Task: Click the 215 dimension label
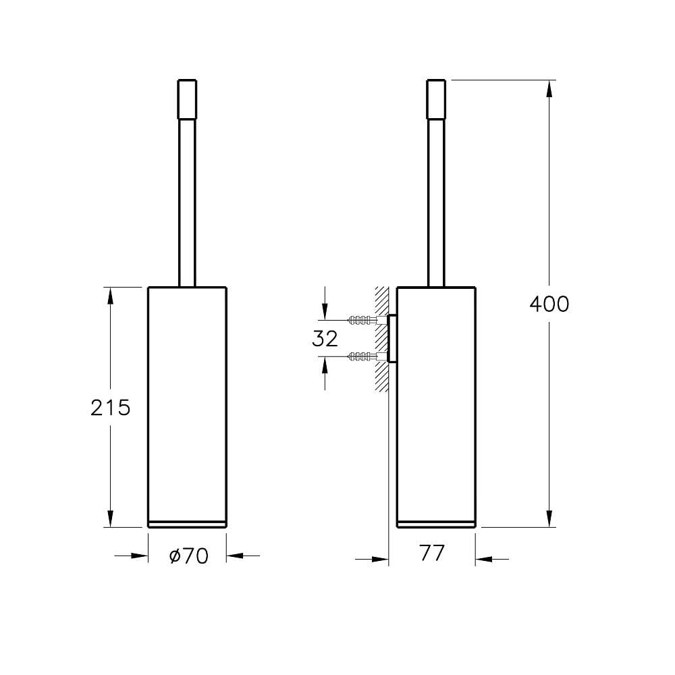pyautogui.click(x=110, y=407)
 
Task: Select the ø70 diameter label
pyautogui.click(x=188, y=556)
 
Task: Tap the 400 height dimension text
pyautogui.click(x=549, y=304)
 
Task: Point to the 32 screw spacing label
pyautogui.click(x=325, y=338)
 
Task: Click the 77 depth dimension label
pyautogui.click(x=432, y=553)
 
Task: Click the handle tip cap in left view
pyautogui.click(x=187, y=99)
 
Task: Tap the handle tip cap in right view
pyautogui.click(x=437, y=99)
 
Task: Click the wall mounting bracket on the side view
pyautogui.click(x=391, y=337)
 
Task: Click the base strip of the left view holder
pyautogui.click(x=187, y=523)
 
